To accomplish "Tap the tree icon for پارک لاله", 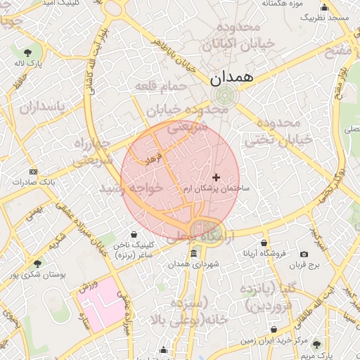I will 27,53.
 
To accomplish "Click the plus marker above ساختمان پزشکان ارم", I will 216,177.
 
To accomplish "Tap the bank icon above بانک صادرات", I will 33,171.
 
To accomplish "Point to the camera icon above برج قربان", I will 304,254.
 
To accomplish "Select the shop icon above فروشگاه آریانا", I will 265,241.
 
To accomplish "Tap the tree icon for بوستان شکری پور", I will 37,263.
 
